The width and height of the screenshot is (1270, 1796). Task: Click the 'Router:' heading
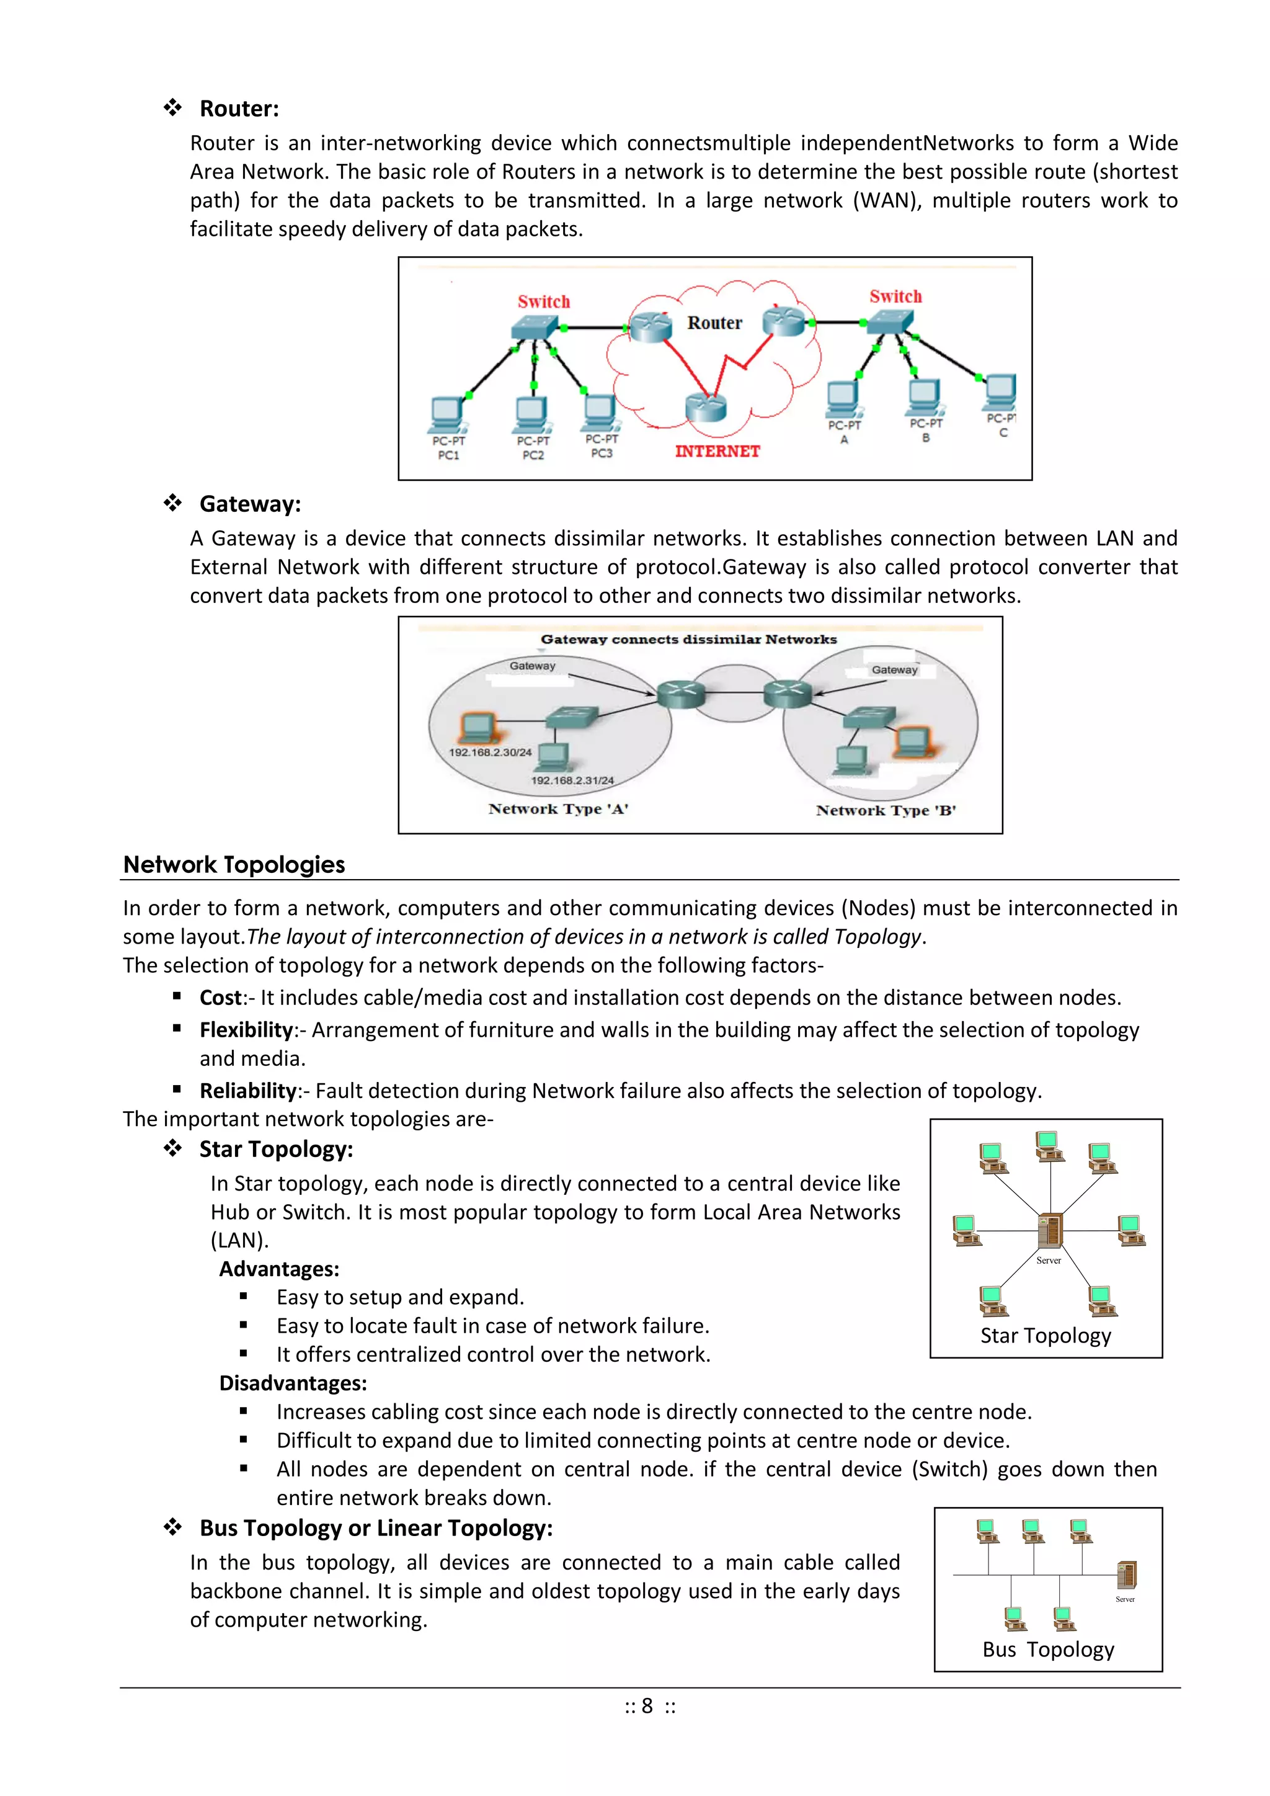point(239,109)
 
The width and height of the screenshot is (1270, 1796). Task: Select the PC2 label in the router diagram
point(533,455)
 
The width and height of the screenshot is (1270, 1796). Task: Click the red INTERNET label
point(717,452)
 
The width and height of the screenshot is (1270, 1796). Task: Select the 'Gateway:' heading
point(249,504)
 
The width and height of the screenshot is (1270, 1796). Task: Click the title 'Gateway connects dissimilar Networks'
point(688,639)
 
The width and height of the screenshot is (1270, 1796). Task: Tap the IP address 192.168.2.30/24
point(489,753)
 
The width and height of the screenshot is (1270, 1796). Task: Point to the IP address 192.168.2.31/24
point(572,780)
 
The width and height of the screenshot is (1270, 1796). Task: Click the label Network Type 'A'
point(558,809)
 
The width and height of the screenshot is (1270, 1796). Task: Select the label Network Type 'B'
point(886,810)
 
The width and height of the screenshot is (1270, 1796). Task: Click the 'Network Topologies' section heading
point(234,864)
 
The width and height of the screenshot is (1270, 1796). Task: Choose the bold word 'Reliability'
point(248,1091)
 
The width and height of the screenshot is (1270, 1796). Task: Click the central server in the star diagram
point(1049,1230)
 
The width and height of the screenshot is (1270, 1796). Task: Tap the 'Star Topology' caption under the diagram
point(1046,1335)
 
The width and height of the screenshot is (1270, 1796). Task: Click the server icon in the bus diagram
point(1126,1574)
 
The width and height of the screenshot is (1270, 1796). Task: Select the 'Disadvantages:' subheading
point(293,1383)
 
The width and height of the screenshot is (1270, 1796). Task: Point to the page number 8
point(647,1706)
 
